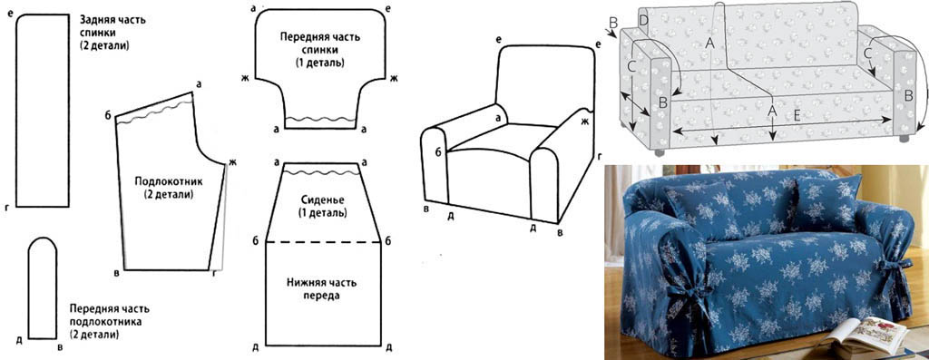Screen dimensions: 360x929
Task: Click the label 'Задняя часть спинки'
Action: pyautogui.click(x=114, y=31)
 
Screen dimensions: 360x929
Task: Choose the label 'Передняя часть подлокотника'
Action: pyautogui.click(x=112, y=320)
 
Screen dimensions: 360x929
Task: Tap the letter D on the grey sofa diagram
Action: pyautogui.click(x=642, y=20)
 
